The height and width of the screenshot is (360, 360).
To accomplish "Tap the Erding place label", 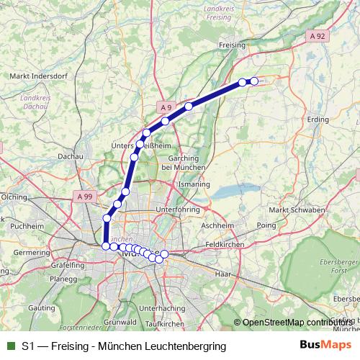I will click(x=318, y=120).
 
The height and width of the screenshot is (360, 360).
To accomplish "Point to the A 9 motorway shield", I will click(x=166, y=107).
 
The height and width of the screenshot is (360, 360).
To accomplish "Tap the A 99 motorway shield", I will click(x=83, y=194).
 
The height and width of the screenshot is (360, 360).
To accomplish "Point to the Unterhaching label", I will click(x=161, y=308).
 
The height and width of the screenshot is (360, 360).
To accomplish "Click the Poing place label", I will click(x=266, y=225).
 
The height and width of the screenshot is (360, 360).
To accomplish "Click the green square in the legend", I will click(x=9, y=346).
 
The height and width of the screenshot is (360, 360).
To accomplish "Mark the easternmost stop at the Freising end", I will click(x=253, y=81).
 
